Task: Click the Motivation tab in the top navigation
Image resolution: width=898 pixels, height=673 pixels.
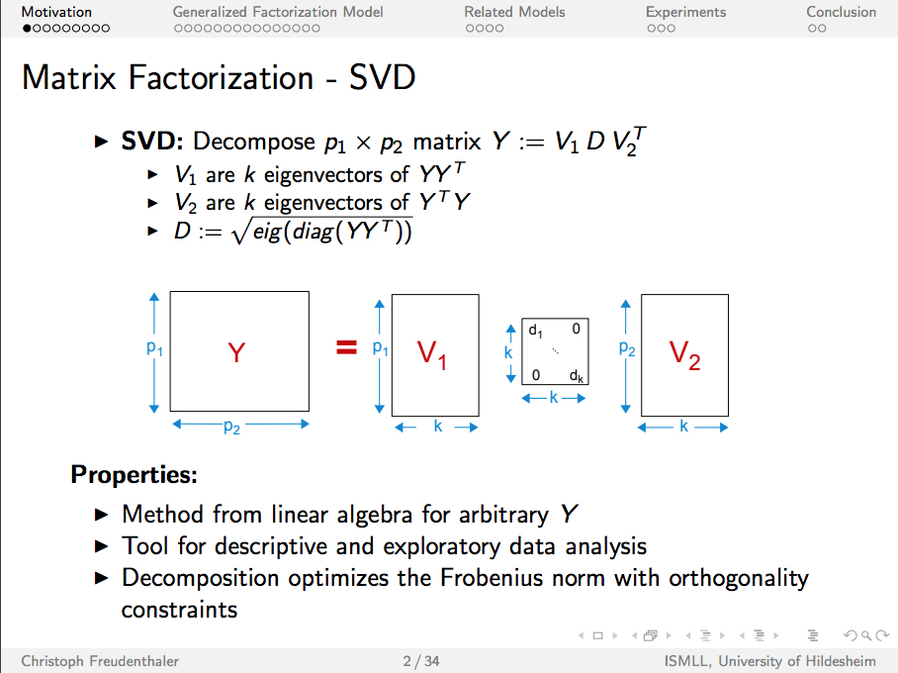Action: pos(56,12)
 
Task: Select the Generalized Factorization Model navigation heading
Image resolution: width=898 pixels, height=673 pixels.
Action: pos(278,12)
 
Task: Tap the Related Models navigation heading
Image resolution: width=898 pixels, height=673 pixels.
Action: pos(514,12)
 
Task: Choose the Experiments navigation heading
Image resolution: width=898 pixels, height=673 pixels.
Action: pos(685,12)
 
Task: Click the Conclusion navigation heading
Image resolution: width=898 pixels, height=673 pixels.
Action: pos(841,12)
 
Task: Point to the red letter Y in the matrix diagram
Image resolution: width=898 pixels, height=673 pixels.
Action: pos(236,352)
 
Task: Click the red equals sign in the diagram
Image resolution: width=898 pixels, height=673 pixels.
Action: pos(345,347)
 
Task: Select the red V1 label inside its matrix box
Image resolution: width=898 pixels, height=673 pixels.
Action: pos(432,354)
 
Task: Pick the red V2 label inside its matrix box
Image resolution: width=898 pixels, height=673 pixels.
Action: pos(684,354)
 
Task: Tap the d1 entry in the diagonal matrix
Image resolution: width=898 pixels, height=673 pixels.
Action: pos(535,330)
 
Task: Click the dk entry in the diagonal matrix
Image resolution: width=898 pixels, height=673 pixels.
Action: pos(578,376)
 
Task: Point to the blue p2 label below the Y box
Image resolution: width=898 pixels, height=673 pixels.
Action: pos(231,427)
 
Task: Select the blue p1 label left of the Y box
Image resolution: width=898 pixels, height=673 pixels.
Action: pos(154,348)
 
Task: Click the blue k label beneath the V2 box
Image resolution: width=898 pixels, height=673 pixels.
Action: pos(683,427)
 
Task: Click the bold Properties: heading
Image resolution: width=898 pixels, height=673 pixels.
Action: pos(134,475)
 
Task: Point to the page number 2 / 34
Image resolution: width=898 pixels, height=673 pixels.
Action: pos(421,661)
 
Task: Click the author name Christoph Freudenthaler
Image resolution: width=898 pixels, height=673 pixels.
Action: pos(100,661)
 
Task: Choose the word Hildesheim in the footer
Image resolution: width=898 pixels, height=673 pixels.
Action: pos(842,661)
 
